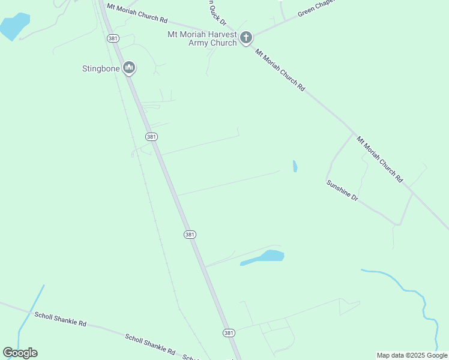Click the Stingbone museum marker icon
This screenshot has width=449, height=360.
point(128,68)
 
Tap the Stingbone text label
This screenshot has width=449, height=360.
point(101,68)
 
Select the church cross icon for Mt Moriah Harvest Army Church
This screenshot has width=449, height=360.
point(246,38)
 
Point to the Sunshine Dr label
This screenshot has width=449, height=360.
point(342,191)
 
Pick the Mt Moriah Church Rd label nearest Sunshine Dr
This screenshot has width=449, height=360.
point(379,159)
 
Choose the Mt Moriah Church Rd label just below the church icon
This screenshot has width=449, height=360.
point(280,70)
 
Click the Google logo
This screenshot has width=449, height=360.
point(20,353)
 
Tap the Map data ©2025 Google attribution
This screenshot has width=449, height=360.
point(412,355)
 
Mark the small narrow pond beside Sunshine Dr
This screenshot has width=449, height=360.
point(295,166)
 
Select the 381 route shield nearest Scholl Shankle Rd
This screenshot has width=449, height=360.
point(228,332)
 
